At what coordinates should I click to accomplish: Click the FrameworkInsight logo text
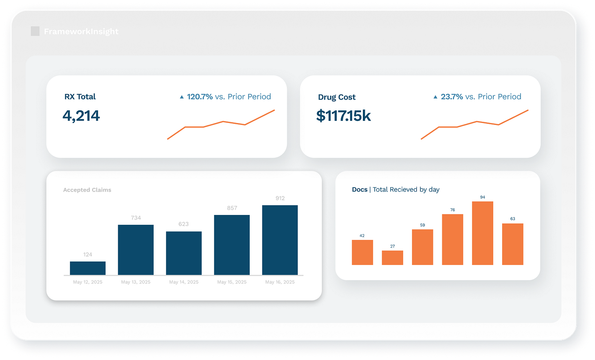[81, 31]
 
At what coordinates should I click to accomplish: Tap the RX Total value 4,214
[81, 116]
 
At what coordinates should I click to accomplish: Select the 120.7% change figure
[199, 97]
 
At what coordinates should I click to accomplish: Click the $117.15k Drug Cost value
[343, 116]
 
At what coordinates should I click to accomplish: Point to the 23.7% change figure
[452, 97]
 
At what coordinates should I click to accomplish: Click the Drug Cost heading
[337, 97]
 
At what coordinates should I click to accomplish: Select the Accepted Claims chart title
[87, 190]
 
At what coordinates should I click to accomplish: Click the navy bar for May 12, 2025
[87, 268]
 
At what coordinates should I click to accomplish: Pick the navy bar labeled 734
[136, 250]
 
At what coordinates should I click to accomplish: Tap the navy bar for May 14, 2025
[183, 253]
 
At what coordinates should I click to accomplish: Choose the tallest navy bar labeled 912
[280, 240]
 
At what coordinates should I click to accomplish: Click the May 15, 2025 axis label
[232, 282]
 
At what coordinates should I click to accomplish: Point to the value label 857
[232, 208]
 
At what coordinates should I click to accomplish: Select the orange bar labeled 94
[482, 233]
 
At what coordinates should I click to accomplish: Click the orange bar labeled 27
[392, 258]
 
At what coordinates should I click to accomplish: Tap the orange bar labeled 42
[362, 253]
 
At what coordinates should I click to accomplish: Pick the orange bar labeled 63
[512, 244]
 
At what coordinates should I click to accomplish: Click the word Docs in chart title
[360, 190]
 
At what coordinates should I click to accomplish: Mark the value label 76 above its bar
[452, 210]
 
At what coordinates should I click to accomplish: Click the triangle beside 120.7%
[182, 97]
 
